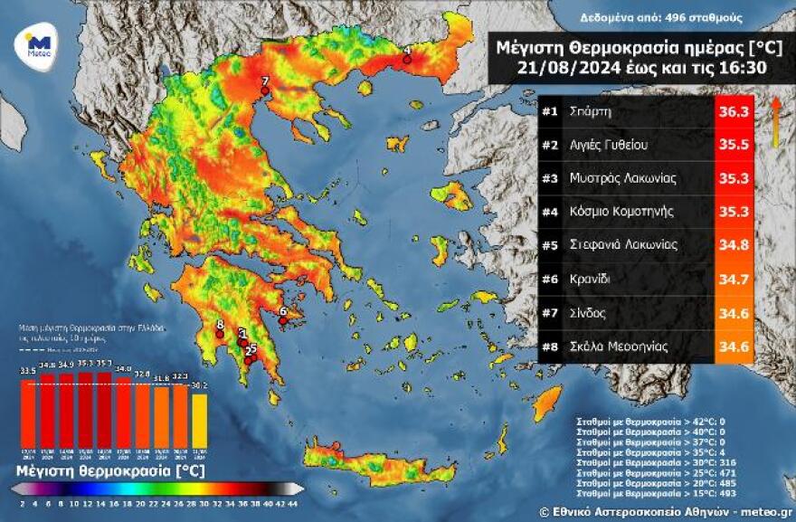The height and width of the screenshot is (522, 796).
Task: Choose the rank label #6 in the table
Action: (549, 279)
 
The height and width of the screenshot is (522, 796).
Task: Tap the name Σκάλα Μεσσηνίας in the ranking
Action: (618, 346)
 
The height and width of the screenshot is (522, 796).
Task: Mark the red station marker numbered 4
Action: (406, 60)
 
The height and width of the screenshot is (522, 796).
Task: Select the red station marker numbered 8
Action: (219, 333)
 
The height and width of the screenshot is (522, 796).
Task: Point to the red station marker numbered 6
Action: (282, 319)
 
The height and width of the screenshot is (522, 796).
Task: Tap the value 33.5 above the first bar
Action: (28, 371)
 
